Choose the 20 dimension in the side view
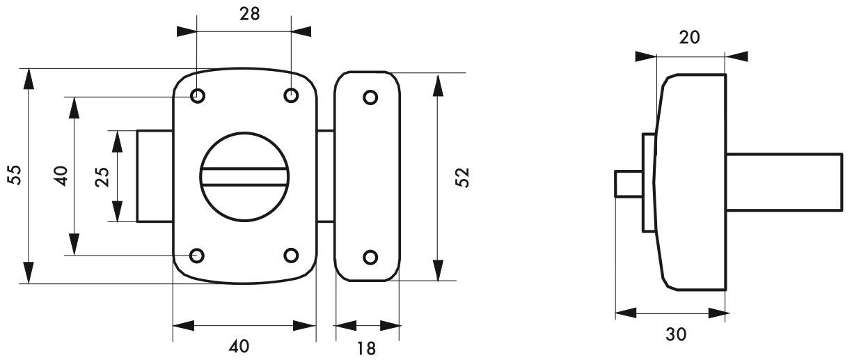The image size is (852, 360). coord(691,38)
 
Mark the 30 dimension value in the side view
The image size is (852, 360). coord(674,334)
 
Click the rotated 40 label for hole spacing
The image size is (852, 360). coord(61,175)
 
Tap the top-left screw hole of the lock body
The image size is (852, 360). coord(197,96)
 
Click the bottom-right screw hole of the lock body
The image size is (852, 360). coord(292,256)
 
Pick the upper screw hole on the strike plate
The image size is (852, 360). coord(370,97)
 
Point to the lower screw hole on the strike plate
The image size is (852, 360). coord(370,257)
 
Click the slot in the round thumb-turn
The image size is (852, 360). coord(244,175)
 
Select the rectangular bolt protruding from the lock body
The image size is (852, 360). coord(154,175)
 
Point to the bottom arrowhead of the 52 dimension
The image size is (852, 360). coord(437,271)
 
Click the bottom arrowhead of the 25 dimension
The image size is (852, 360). coord(118,212)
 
